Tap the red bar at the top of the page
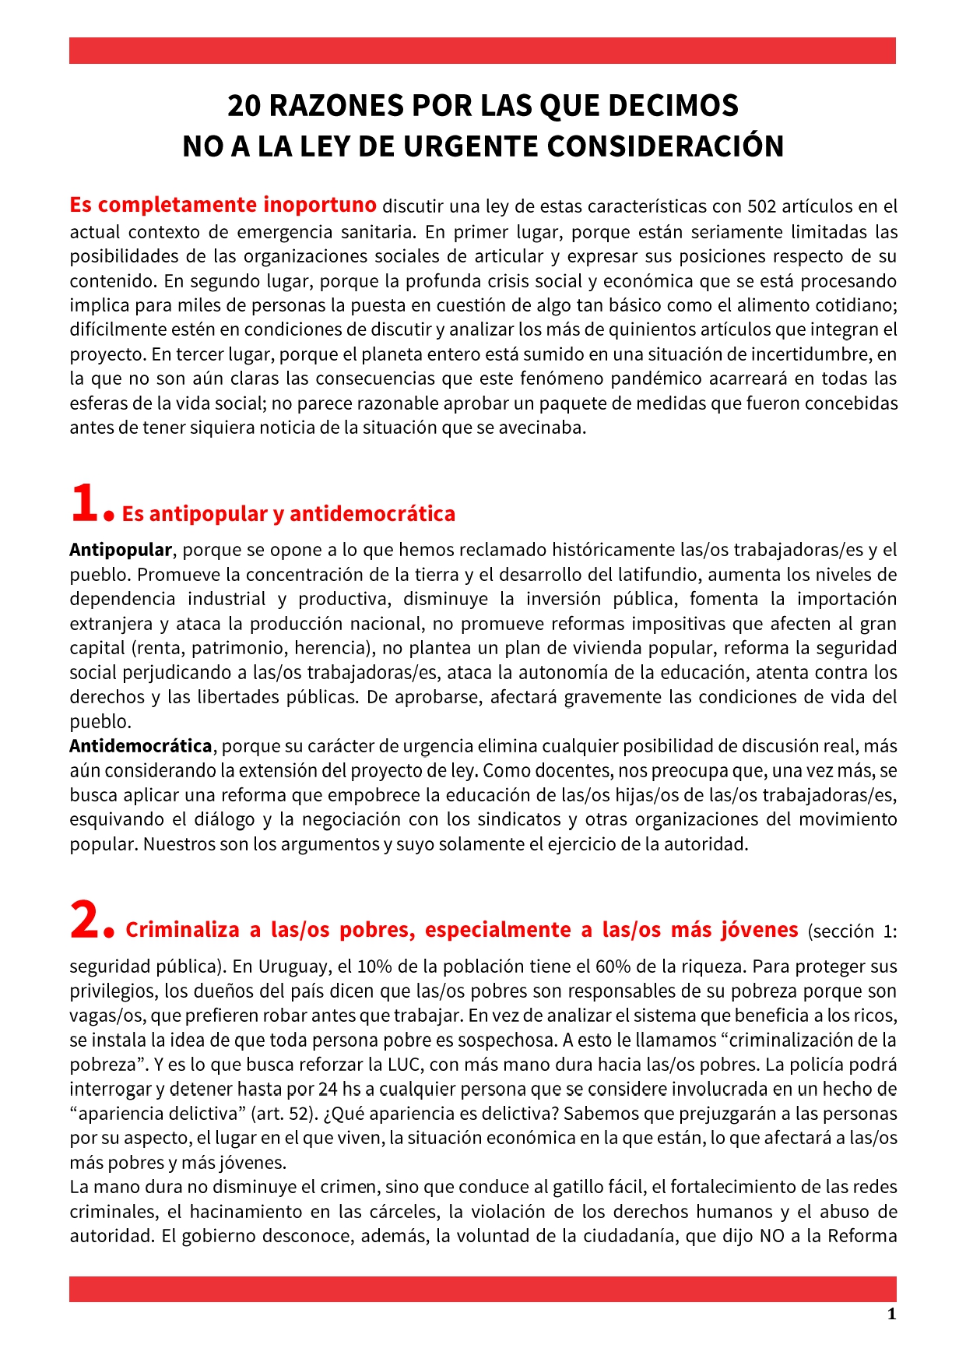(x=483, y=51)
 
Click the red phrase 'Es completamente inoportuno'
(x=223, y=206)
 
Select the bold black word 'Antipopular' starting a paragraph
(x=121, y=550)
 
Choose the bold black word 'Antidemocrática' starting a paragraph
(x=140, y=746)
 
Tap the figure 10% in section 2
(x=374, y=966)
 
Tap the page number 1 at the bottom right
(x=892, y=1315)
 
